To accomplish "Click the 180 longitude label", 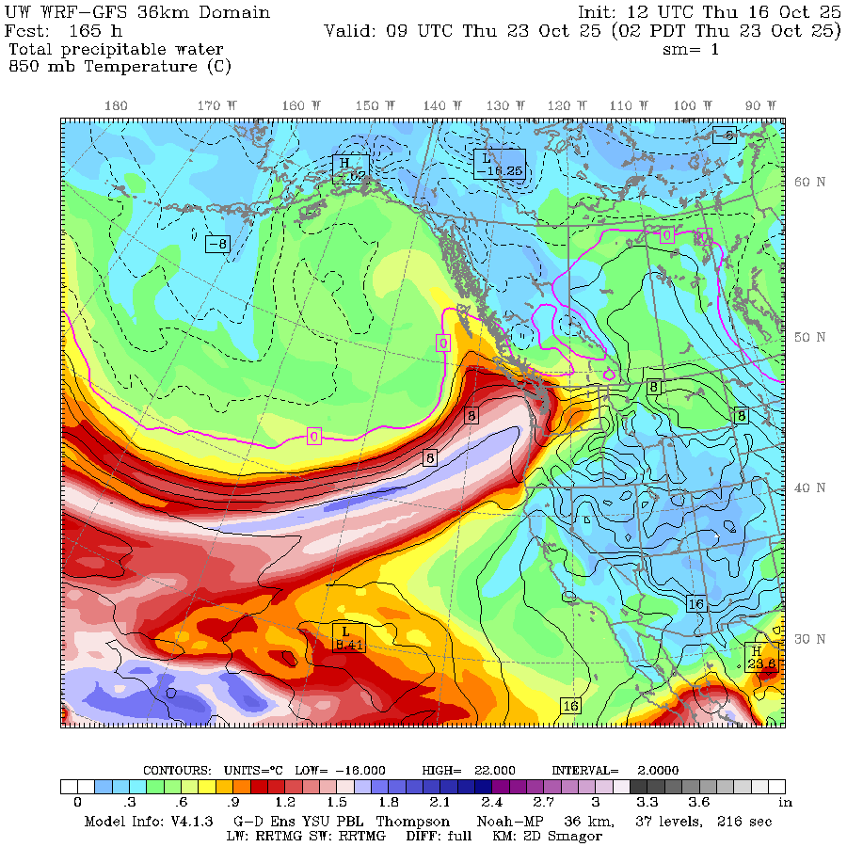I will click(116, 106).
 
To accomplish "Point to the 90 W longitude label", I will click(760, 106).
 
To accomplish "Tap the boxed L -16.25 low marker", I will click(499, 165).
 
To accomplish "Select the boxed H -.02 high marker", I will click(350, 168).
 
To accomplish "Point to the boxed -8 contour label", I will click(217, 244).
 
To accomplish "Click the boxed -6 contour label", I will click(724, 136).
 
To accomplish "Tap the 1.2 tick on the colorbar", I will click(285, 803).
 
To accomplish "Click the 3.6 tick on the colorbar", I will click(699, 803).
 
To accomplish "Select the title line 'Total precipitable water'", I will click(116, 49).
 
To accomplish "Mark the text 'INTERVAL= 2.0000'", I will click(615, 770).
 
